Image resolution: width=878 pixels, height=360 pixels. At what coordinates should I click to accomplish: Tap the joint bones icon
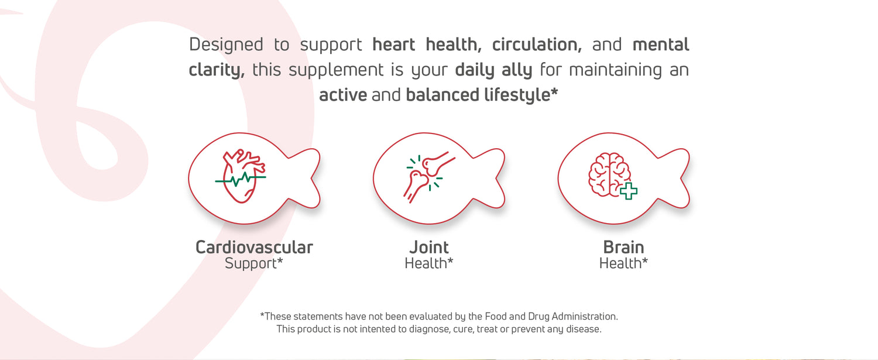click(429, 177)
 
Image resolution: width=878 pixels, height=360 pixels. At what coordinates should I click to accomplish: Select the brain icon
click(610, 174)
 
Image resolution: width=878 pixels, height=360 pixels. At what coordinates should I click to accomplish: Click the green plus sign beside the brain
click(628, 191)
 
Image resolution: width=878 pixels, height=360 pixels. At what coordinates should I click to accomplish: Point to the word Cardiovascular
click(255, 248)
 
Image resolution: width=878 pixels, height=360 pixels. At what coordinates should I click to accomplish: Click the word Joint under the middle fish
click(429, 248)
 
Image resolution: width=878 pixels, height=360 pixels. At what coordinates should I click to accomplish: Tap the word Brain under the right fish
click(623, 248)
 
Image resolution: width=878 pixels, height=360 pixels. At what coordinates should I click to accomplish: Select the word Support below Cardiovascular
click(251, 263)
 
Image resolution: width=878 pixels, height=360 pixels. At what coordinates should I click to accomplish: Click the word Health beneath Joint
click(426, 263)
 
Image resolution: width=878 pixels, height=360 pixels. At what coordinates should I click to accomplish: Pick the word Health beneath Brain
click(620, 263)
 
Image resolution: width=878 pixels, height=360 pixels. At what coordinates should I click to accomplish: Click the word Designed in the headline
click(226, 44)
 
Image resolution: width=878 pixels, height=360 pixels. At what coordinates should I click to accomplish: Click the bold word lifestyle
click(517, 95)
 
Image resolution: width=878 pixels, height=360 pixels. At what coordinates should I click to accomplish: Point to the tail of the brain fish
click(676, 178)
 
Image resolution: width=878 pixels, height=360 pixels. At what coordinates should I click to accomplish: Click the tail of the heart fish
click(307, 178)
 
